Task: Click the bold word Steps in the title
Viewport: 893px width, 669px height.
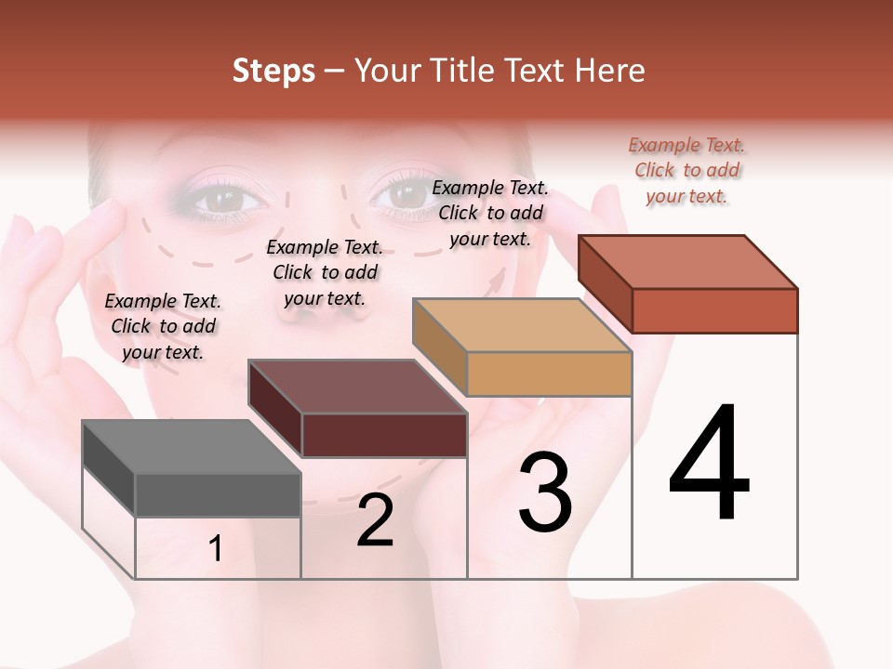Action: [273, 71]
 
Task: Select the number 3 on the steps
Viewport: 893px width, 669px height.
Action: [545, 492]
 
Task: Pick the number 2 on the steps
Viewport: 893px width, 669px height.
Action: [375, 520]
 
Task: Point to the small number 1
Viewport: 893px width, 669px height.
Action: [216, 549]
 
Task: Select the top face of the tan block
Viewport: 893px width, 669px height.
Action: [521, 325]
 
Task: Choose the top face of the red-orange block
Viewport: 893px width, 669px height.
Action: [686, 262]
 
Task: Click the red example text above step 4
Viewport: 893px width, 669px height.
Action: [687, 171]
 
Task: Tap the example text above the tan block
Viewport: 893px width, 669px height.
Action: [491, 213]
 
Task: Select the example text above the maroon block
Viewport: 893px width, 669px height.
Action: [325, 272]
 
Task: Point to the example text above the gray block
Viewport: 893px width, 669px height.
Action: [163, 326]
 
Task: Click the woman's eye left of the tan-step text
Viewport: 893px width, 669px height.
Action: [406, 194]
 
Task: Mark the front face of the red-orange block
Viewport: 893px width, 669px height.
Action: [714, 310]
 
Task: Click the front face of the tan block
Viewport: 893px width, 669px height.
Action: [549, 374]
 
